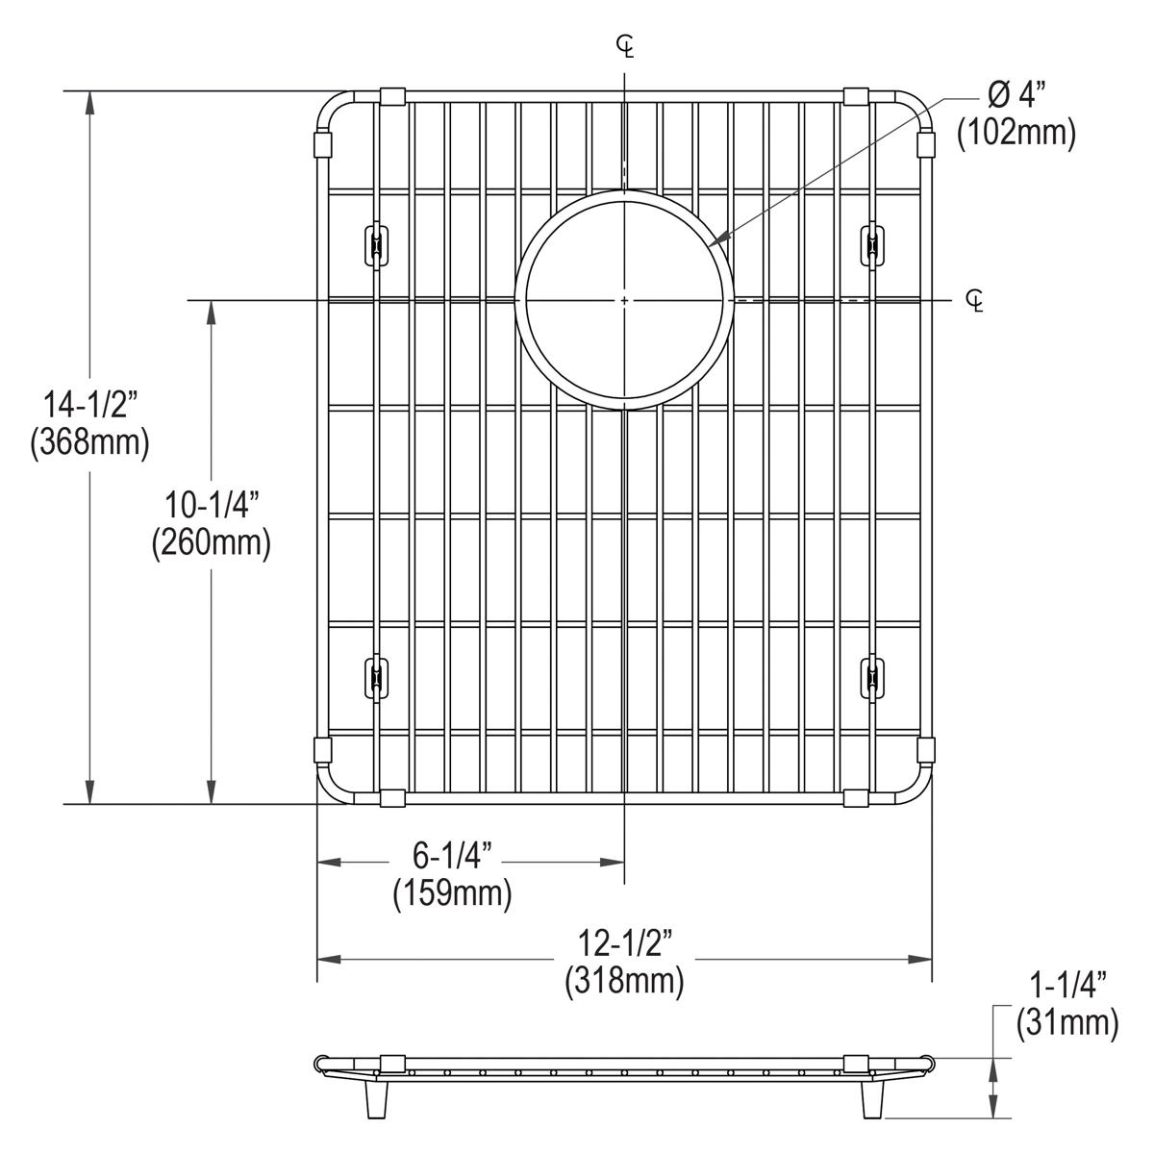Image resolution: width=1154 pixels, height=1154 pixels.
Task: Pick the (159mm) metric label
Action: click(451, 893)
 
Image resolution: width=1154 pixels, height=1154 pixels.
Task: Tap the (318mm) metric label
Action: click(625, 982)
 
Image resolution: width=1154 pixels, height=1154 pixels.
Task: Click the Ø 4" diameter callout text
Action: click(1016, 95)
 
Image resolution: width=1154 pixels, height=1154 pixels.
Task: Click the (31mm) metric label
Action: click(1067, 1023)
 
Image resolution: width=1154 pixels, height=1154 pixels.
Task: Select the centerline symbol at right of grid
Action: click(975, 301)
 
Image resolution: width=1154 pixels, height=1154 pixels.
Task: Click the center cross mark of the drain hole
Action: click(625, 301)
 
